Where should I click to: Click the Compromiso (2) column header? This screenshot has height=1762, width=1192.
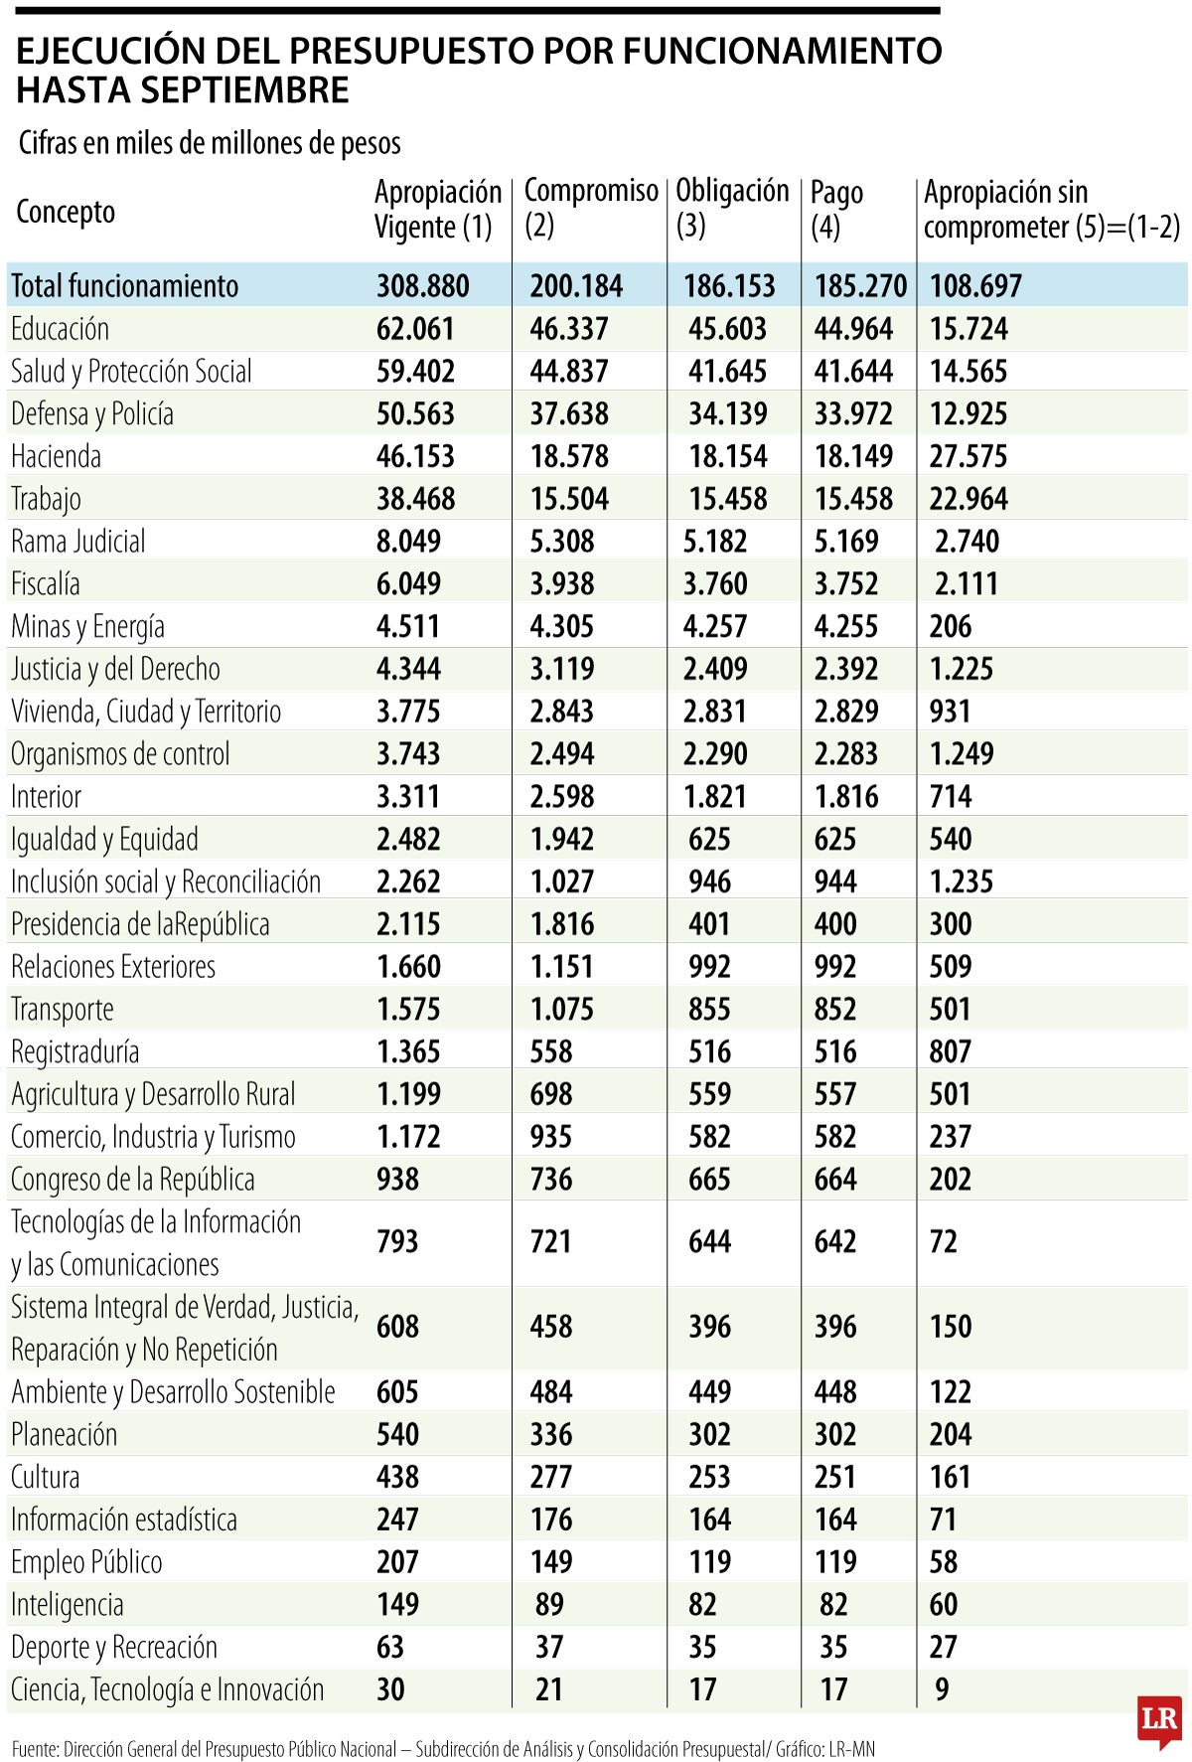(x=590, y=208)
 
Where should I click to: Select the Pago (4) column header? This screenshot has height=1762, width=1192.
(x=836, y=209)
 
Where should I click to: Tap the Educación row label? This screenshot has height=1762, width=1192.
(x=60, y=329)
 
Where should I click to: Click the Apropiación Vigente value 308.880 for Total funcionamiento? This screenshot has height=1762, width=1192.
(x=422, y=286)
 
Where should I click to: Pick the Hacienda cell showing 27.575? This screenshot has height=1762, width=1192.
(x=968, y=456)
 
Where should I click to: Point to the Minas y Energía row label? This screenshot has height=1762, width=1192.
(x=87, y=626)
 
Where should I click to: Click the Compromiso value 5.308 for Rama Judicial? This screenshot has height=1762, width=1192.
(x=561, y=542)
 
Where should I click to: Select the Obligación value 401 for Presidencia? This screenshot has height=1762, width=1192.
(x=709, y=924)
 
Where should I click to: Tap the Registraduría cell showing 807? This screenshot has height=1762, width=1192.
(x=950, y=1051)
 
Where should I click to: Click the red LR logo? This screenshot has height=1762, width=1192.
(x=1159, y=1721)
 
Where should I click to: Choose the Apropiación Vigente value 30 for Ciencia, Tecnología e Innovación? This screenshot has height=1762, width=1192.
(x=390, y=1689)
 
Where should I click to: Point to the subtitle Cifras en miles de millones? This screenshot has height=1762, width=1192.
(x=210, y=143)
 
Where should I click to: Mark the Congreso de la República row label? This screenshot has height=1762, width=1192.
(x=132, y=1180)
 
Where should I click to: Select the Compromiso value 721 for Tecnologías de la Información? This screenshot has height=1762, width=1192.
(x=550, y=1241)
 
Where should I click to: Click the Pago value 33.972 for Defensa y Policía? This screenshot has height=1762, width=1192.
(x=853, y=413)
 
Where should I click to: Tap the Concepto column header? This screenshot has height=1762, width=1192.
(x=66, y=212)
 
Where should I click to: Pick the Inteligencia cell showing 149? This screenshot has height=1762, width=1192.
(x=397, y=1604)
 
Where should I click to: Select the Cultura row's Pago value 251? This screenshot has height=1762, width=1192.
(x=834, y=1477)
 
